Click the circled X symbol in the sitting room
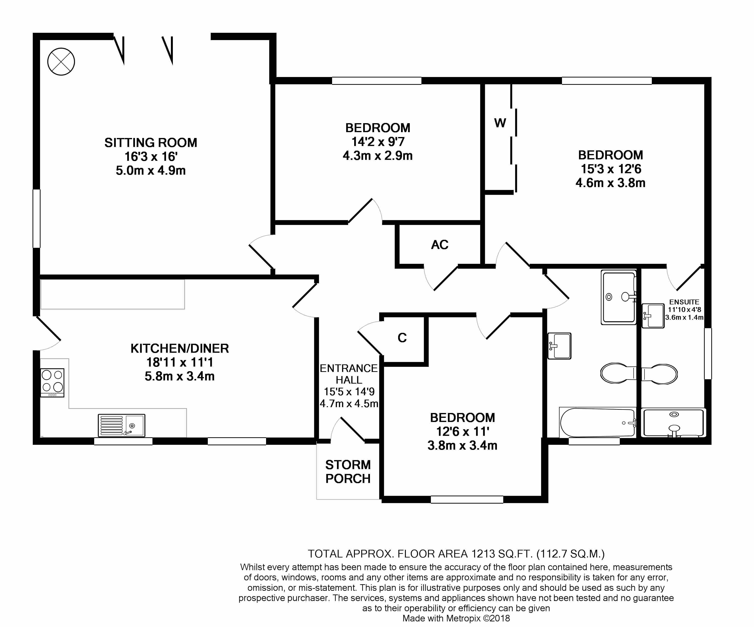pos(61,62)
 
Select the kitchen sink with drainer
pos(121,425)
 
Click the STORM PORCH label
pos(348,472)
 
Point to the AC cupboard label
pos(439,245)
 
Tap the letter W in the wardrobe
pos(500,123)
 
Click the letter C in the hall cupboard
pos(402,338)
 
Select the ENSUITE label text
pos(684,302)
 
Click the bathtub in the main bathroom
pos(597,422)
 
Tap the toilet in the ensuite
pos(659,374)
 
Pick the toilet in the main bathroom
pos(619,373)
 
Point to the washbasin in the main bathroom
pos(559,346)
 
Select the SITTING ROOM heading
pos(151,143)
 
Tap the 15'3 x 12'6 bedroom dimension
pos(611,169)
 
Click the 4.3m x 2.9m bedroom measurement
pos(378,155)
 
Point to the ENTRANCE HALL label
pos(349,374)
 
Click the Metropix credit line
pos(456,618)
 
